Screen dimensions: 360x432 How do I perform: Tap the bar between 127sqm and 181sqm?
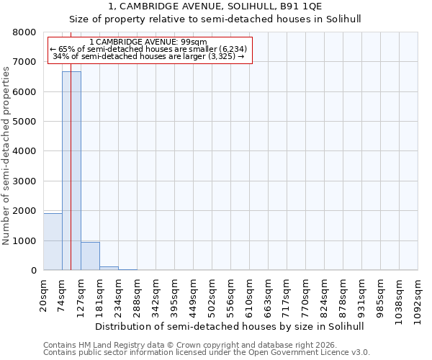pos(90,256)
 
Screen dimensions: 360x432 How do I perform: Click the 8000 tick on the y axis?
pos(24,32)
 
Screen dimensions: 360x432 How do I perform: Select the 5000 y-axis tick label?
pos(24,122)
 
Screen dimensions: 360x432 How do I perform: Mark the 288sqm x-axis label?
pos(138,294)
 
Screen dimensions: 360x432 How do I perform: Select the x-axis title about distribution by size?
pos(230,326)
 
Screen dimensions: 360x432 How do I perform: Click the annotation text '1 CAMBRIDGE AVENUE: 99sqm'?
pos(150,42)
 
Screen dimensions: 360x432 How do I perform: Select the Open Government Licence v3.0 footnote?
pos(206,353)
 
